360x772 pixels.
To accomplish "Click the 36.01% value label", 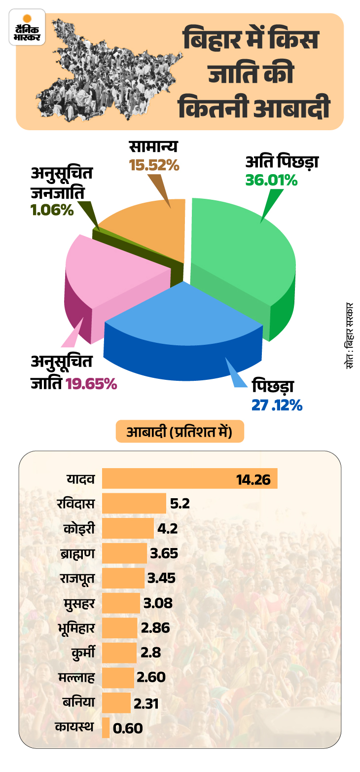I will click(272, 181).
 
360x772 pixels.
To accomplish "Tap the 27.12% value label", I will click(277, 405).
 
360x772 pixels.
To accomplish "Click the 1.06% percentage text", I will click(51, 210).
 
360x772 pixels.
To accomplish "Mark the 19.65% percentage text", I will click(91, 384).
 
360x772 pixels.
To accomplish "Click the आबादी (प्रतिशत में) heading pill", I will click(180, 432).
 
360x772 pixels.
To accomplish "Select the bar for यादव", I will click(189, 478).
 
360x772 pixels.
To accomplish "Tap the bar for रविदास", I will click(134, 504).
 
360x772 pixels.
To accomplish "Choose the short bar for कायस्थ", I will click(106, 728).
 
